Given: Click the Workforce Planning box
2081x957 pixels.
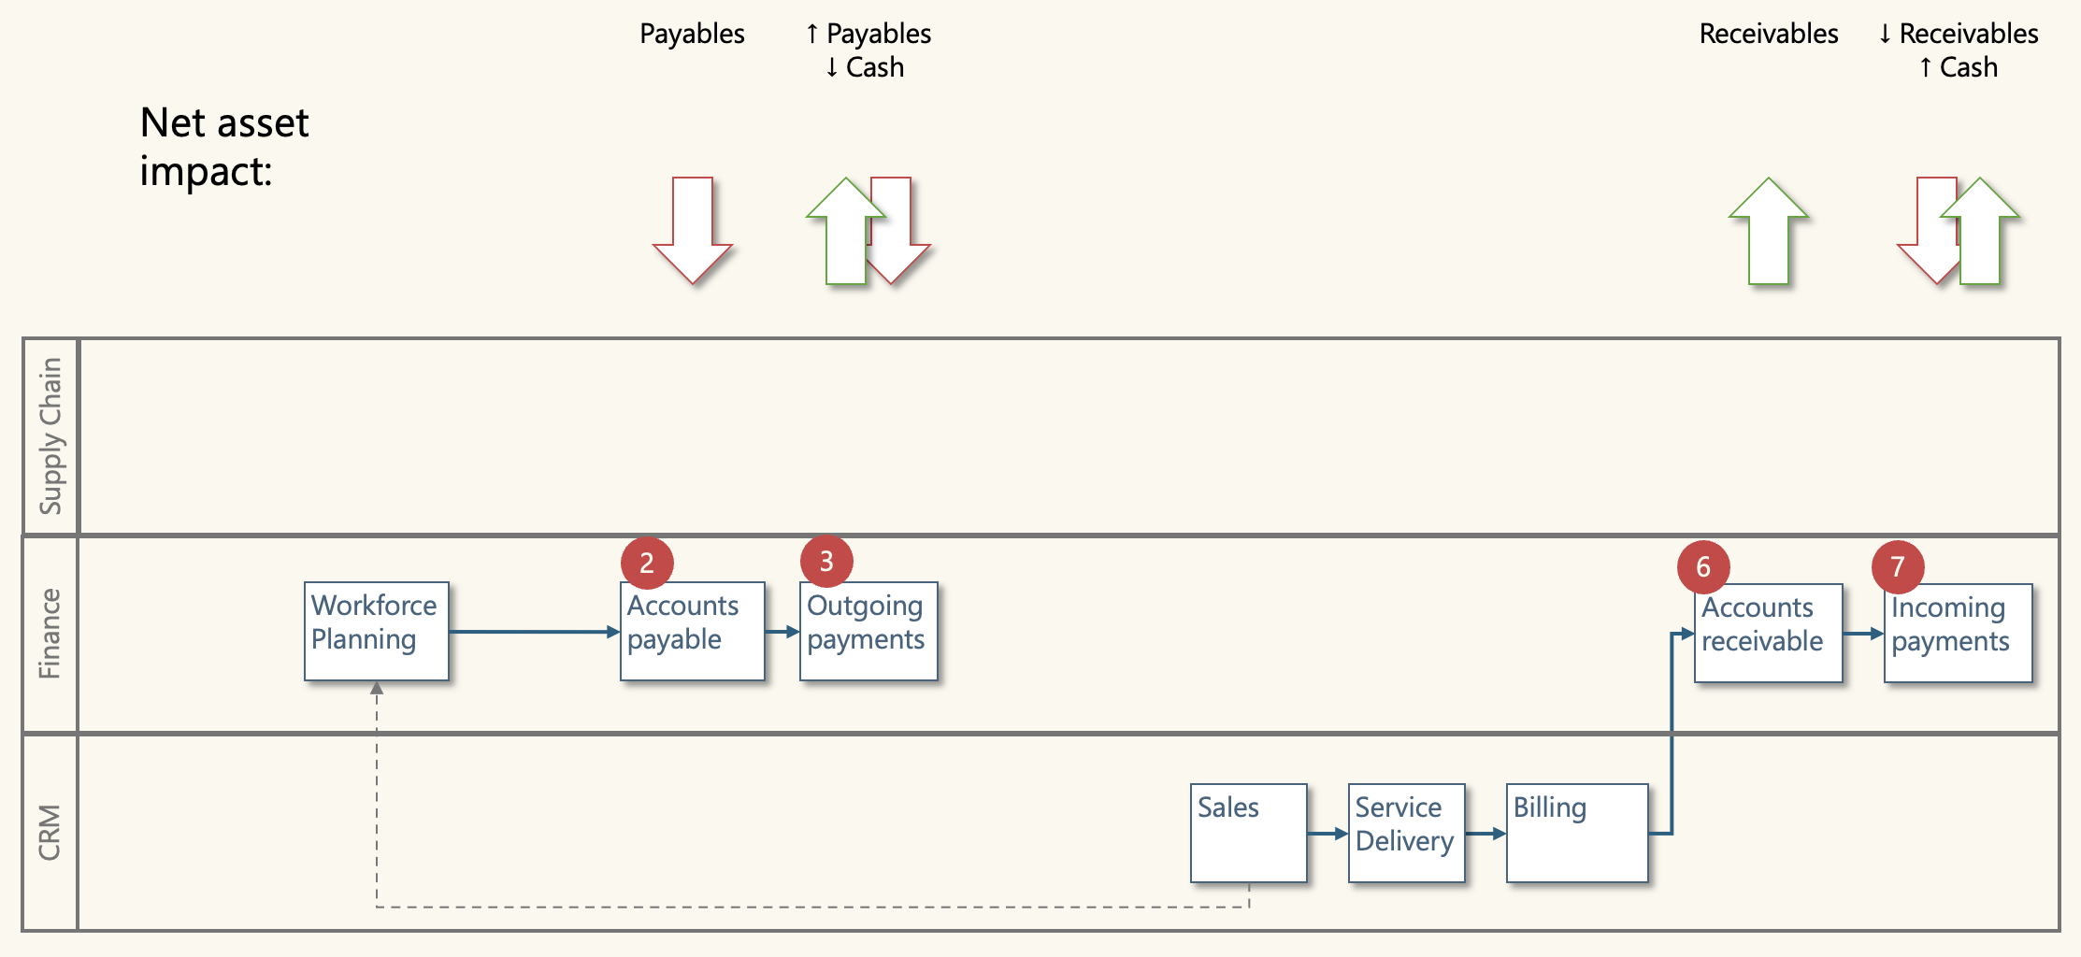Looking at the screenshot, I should tap(376, 631).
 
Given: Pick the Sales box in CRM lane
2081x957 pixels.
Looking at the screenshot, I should tap(1248, 833).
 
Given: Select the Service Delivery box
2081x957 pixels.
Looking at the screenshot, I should tap(1406, 833).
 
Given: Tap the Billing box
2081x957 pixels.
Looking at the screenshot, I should tap(1576, 833).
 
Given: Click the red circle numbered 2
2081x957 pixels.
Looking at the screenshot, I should tap(647, 563).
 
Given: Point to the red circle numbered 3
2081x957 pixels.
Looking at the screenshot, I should tap(826, 561).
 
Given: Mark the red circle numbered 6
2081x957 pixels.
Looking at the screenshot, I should tap(1703, 566).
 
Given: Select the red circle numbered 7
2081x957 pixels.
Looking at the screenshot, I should tap(1898, 566).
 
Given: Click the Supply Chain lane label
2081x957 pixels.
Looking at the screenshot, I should tap(50, 436).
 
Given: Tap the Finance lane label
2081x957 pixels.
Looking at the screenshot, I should tap(50, 634).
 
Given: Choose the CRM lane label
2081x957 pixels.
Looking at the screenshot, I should tap(50, 832).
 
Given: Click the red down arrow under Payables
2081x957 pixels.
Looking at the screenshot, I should tap(693, 229).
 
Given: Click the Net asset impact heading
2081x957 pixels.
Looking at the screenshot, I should tap(224, 147).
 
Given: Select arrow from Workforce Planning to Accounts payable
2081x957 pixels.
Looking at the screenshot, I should tap(533, 632).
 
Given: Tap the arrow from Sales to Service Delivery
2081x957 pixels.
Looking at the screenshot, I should tap(1327, 833).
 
